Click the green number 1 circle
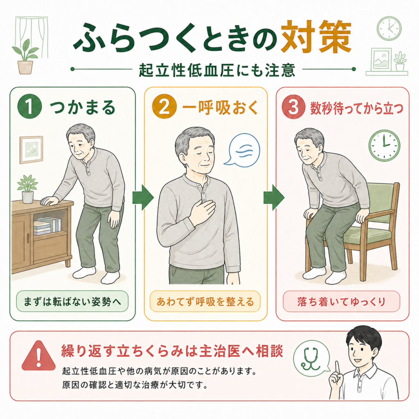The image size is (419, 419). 29,106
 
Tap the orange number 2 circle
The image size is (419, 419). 164,106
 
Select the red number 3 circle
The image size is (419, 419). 293,107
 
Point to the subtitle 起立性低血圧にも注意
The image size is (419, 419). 217,70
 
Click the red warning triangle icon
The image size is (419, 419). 38,356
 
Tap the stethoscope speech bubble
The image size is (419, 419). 311,358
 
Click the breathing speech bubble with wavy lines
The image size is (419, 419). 242,150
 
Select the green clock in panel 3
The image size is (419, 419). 384,145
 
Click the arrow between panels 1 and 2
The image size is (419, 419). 143,197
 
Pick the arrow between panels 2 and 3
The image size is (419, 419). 274,197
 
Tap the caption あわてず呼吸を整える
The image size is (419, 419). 205,302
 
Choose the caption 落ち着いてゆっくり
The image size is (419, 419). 341,302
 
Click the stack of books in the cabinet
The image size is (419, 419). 47,226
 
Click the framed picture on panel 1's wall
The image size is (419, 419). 31,150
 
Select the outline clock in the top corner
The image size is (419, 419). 389,28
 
